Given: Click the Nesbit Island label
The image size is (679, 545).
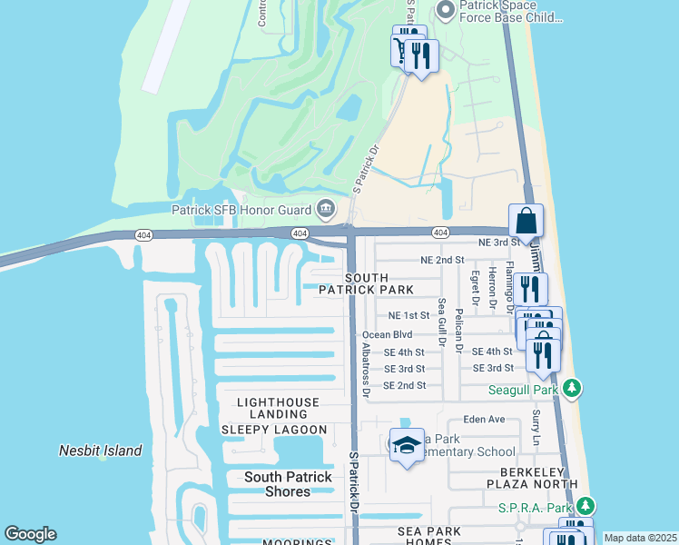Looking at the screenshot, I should pyautogui.click(x=101, y=451).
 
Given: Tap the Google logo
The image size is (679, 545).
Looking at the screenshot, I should pyautogui.click(x=30, y=534).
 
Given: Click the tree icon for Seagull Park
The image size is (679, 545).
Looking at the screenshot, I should pyautogui.click(x=571, y=390).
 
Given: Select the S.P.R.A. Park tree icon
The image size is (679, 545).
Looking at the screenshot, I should pyautogui.click(x=586, y=505).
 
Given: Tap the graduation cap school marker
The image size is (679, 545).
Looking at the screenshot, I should pyautogui.click(x=407, y=445).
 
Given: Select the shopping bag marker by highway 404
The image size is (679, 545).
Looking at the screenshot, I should pyautogui.click(x=526, y=221).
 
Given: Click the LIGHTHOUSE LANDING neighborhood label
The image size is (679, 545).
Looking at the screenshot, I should pyautogui.click(x=278, y=408).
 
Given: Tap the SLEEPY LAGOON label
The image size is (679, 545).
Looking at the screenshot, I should pyautogui.click(x=273, y=430).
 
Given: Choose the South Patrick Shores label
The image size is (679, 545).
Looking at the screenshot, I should pyautogui.click(x=290, y=484).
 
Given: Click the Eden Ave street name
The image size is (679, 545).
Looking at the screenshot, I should pyautogui.click(x=483, y=420).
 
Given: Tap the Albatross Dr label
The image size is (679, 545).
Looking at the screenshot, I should pyautogui.click(x=366, y=369).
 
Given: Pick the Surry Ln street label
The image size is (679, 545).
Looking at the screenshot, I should pyautogui.click(x=536, y=422).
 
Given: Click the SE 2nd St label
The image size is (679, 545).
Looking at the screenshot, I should pyautogui.click(x=404, y=385).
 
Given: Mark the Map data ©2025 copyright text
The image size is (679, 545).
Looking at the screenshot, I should pyautogui.click(x=640, y=538).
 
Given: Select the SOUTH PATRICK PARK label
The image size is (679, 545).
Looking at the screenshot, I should pyautogui.click(x=379, y=283).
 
